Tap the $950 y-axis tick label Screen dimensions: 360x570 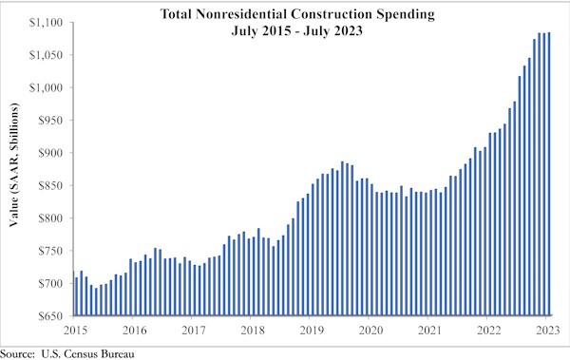[51, 121]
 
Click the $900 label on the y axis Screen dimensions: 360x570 [51, 153]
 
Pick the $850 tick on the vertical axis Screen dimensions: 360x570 [51, 185]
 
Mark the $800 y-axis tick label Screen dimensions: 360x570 [51, 218]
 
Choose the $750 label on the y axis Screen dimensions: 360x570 [51, 251]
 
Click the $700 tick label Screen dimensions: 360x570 [51, 284]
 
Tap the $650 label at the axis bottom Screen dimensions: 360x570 [51, 316]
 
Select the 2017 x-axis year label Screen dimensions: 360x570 [193, 330]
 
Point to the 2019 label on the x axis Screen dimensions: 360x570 [312, 330]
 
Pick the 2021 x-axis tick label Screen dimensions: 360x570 [430, 330]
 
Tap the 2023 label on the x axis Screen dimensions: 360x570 [548, 330]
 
